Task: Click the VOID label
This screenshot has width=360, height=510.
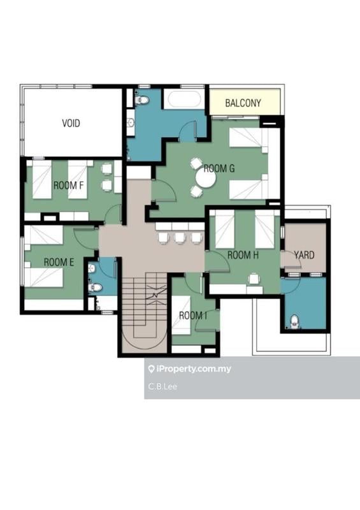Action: tap(71, 123)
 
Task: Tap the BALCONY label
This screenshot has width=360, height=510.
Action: tap(243, 103)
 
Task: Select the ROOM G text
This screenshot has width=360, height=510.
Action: tap(219, 168)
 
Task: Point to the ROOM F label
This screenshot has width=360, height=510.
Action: tap(68, 186)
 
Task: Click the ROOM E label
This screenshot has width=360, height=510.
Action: tap(59, 262)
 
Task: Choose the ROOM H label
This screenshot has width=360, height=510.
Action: tap(243, 255)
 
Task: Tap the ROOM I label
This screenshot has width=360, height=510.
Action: tap(193, 315)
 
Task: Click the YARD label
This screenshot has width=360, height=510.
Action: tap(304, 255)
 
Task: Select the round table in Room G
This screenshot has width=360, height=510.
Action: tap(206, 178)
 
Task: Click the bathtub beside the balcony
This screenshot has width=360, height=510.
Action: tap(184, 99)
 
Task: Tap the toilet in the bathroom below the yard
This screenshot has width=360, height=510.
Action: tap(294, 321)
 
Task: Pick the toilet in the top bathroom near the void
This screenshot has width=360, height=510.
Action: tap(142, 100)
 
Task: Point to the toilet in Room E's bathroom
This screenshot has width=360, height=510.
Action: tap(96, 288)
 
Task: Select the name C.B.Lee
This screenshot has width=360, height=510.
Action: tap(162, 386)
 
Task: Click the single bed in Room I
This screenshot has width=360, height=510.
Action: tap(181, 315)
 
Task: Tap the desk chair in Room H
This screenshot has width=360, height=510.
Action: tap(254, 279)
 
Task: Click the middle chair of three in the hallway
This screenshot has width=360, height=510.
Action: tap(180, 237)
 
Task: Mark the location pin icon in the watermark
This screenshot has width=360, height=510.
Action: tap(151, 369)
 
